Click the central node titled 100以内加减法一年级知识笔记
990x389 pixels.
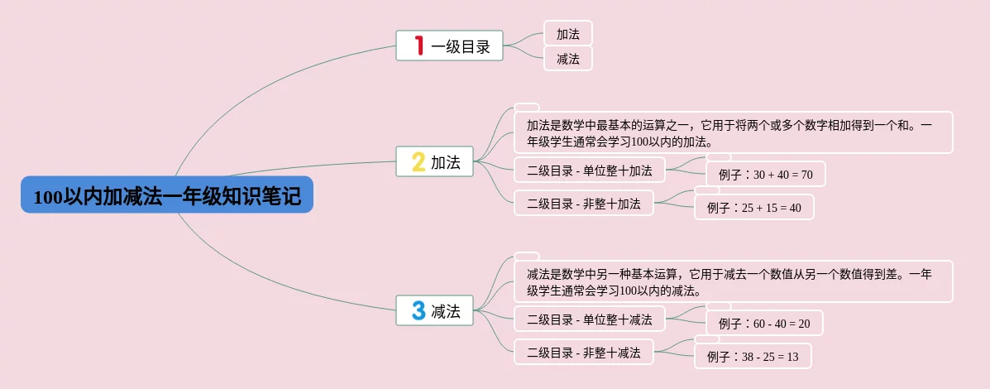(167, 195)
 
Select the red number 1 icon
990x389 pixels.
(418, 46)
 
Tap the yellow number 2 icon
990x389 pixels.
(418, 162)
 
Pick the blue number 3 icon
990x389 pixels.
(418, 310)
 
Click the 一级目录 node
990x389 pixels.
(460, 46)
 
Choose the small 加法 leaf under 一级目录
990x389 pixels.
(568, 33)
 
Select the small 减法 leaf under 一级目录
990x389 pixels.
(568, 59)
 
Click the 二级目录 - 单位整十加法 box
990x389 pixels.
(590, 170)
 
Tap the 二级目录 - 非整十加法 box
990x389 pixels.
(584, 203)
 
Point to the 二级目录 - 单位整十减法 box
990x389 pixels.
(590, 319)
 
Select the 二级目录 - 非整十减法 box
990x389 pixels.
(584, 352)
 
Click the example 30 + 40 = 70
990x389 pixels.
(766, 174)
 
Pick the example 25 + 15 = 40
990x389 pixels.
(754, 207)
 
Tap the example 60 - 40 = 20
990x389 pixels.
(764, 323)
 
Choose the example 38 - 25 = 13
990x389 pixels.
(753, 356)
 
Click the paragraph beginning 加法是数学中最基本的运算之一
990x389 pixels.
(734, 132)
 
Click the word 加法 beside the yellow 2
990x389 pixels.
(446, 162)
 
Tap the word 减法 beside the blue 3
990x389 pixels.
(446, 311)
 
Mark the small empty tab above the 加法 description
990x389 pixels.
(527, 107)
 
